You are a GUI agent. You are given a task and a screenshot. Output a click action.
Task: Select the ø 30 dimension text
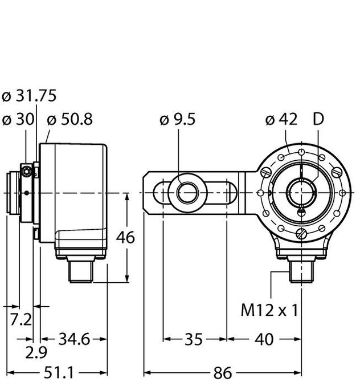click(x=18, y=120)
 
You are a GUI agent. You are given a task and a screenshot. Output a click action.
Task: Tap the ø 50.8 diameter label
click(x=70, y=120)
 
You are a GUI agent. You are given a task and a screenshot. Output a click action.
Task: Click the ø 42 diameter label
click(x=282, y=120)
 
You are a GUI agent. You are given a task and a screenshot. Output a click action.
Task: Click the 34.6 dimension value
click(x=74, y=340)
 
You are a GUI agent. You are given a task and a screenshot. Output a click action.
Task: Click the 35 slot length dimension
click(x=194, y=340)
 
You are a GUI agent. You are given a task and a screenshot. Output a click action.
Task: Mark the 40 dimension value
click(x=262, y=340)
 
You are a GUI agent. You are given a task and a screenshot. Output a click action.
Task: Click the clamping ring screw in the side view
click(x=26, y=170)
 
